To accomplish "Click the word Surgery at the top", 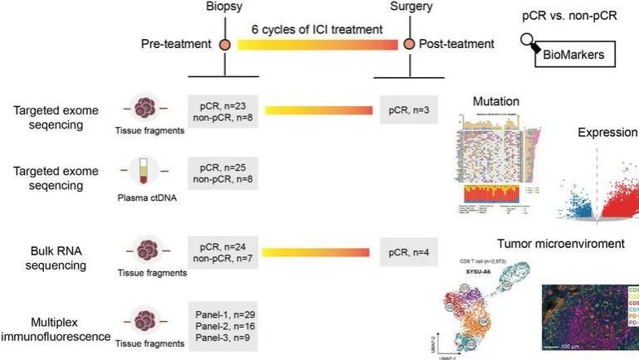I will point(408,7).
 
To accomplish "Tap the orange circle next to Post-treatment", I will point(408,43).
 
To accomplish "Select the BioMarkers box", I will point(573,56).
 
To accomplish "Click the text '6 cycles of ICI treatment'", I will point(318,29).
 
